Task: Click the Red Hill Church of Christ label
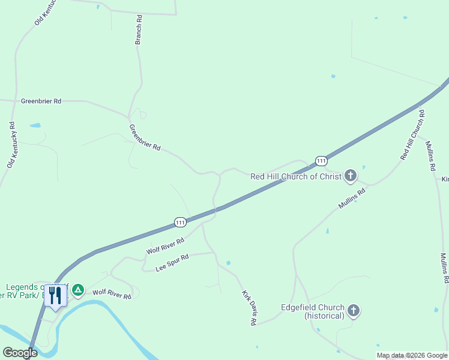click(295, 176)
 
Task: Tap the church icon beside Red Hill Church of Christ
click(351, 176)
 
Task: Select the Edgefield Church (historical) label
click(313, 311)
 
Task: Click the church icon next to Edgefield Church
click(354, 311)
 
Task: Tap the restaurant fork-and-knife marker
click(56, 296)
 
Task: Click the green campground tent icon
click(77, 291)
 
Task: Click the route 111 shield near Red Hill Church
click(321, 161)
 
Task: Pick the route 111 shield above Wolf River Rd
click(180, 222)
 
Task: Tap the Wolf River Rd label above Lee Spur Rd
click(165, 245)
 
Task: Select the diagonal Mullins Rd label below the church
click(352, 199)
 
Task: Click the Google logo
click(20, 353)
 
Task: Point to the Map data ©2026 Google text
click(412, 355)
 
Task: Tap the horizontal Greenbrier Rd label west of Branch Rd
click(41, 101)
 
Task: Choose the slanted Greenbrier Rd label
click(145, 137)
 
